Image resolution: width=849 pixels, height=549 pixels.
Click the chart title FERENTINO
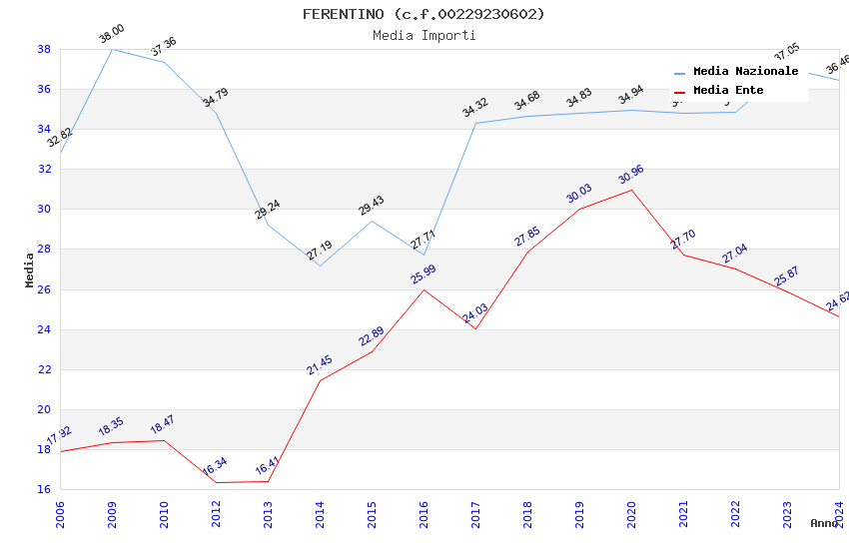pos(424,14)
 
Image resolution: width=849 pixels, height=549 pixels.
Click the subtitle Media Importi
pos(424,35)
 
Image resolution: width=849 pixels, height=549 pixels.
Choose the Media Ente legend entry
pos(728,91)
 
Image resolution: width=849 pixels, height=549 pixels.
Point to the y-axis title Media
pos(30,270)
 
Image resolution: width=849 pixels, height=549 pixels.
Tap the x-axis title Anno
pos(824,523)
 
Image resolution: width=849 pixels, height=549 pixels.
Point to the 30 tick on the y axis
pos(44,210)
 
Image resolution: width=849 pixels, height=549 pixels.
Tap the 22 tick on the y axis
pos(44,369)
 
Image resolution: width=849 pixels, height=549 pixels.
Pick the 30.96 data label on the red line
pos(630,175)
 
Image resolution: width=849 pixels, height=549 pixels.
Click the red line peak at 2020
pos(631,190)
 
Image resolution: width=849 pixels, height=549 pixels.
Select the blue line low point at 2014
pos(320,266)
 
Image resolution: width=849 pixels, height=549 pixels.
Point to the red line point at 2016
pos(424,289)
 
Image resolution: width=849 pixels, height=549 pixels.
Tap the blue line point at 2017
pos(475,124)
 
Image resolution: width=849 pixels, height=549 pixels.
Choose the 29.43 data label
pos(372,206)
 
